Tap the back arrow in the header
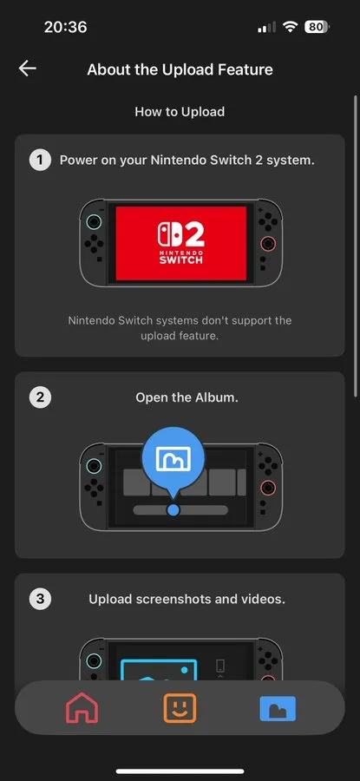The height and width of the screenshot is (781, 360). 28,69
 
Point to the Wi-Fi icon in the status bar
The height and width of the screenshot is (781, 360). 290,27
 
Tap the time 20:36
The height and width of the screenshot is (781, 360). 65,27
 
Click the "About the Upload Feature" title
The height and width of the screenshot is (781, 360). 180,69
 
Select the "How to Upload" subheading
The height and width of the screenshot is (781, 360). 180,112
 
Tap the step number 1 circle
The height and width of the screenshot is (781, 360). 40,161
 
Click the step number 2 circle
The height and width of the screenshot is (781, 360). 40,397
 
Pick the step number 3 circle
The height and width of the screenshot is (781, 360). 40,599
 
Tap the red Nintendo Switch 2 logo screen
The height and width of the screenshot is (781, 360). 181,243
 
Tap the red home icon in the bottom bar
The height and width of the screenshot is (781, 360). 82,708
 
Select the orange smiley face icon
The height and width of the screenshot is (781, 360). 180,708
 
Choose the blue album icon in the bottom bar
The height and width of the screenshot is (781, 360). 278,709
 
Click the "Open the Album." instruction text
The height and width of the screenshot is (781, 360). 187,397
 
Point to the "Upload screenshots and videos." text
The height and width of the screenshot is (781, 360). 187,599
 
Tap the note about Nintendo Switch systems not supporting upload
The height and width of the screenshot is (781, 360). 180,328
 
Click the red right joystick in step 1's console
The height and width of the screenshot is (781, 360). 268,244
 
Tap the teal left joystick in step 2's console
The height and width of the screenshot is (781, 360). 94,466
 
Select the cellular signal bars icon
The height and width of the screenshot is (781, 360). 266,28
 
